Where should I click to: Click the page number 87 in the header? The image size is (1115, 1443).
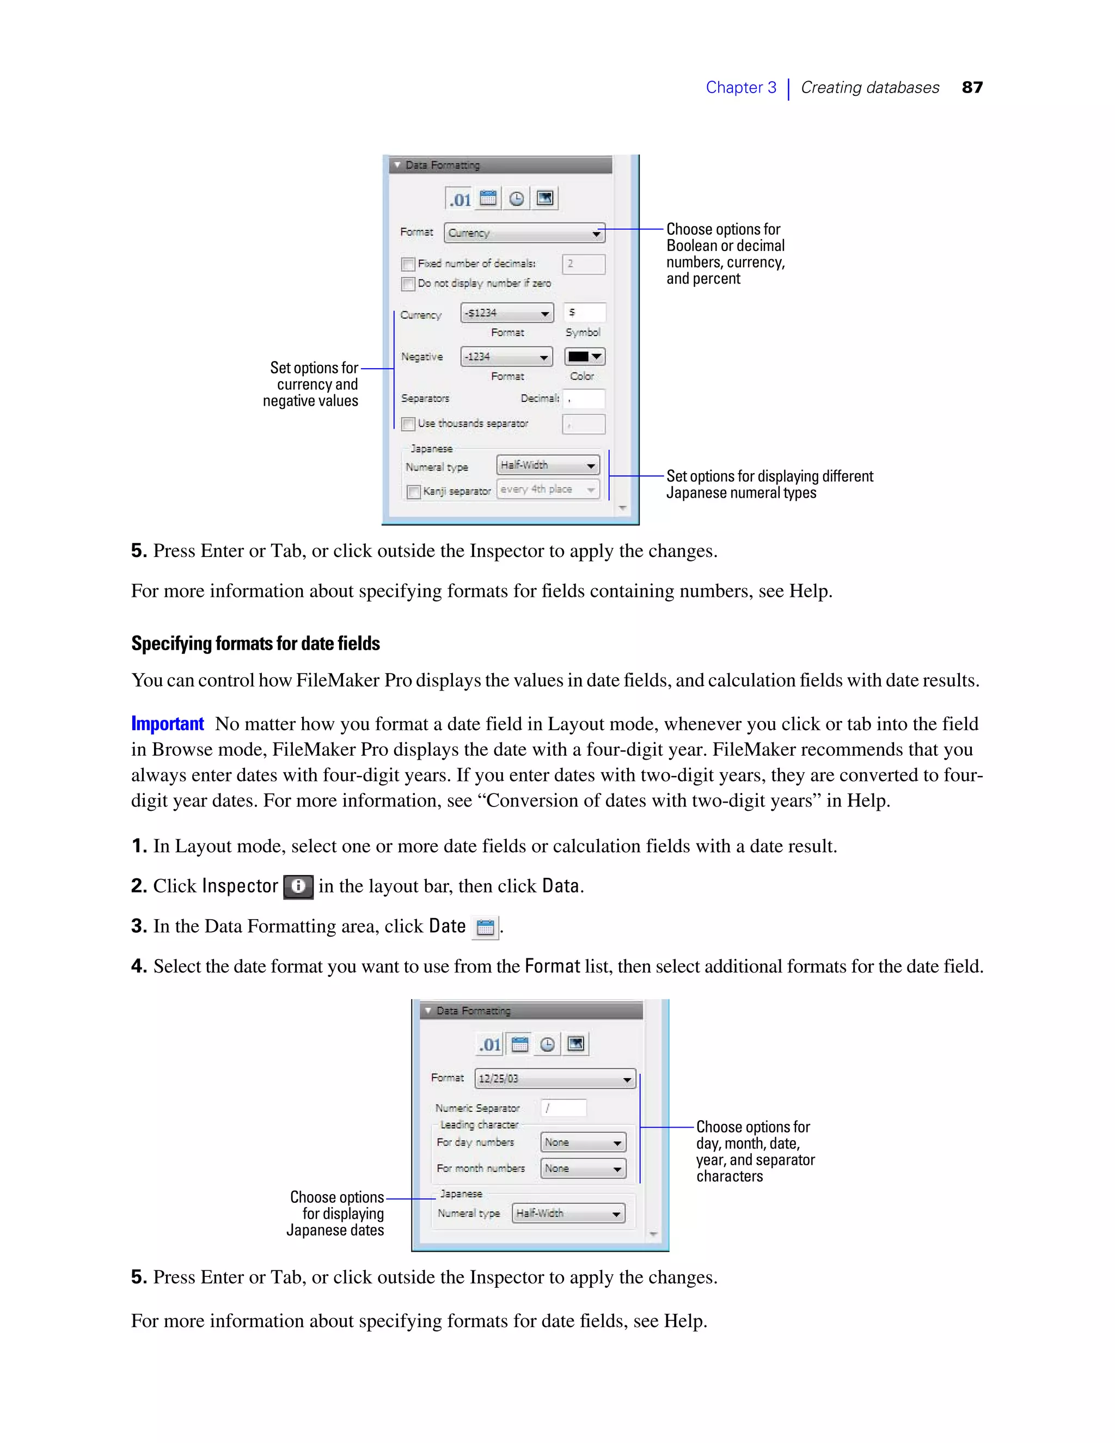pyautogui.click(x=972, y=87)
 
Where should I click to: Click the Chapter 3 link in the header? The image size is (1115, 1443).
pyautogui.click(x=740, y=87)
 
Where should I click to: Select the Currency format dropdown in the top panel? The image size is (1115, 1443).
pyautogui.click(x=524, y=233)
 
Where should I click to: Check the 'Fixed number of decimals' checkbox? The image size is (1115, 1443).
pyautogui.click(x=408, y=264)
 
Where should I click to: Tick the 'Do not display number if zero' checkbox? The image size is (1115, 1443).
pyautogui.click(x=408, y=284)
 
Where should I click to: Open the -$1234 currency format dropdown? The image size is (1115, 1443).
pyautogui.click(x=507, y=313)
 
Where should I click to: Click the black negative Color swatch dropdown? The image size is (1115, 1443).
pyautogui.click(x=585, y=357)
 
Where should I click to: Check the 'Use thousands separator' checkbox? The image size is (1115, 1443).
pyautogui.click(x=408, y=424)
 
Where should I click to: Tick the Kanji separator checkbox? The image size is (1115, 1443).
pyautogui.click(x=414, y=492)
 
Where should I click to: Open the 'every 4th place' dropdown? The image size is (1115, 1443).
pyautogui.click(x=548, y=490)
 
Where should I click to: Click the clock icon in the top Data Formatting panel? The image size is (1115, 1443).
pyautogui.click(x=517, y=198)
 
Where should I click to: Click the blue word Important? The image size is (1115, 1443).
pyautogui.click(x=167, y=724)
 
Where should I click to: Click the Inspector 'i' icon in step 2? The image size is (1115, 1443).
pyautogui.click(x=298, y=886)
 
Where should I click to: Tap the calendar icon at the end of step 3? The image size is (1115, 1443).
pyautogui.click(x=486, y=927)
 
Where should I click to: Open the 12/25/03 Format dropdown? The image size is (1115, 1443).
pyautogui.click(x=555, y=1078)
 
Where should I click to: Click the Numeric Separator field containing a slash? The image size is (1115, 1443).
pyautogui.click(x=563, y=1108)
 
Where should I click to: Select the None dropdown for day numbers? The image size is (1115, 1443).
pyautogui.click(x=583, y=1142)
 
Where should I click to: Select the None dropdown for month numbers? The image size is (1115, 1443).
pyautogui.click(x=583, y=1168)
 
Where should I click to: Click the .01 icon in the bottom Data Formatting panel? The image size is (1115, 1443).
pyautogui.click(x=489, y=1044)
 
